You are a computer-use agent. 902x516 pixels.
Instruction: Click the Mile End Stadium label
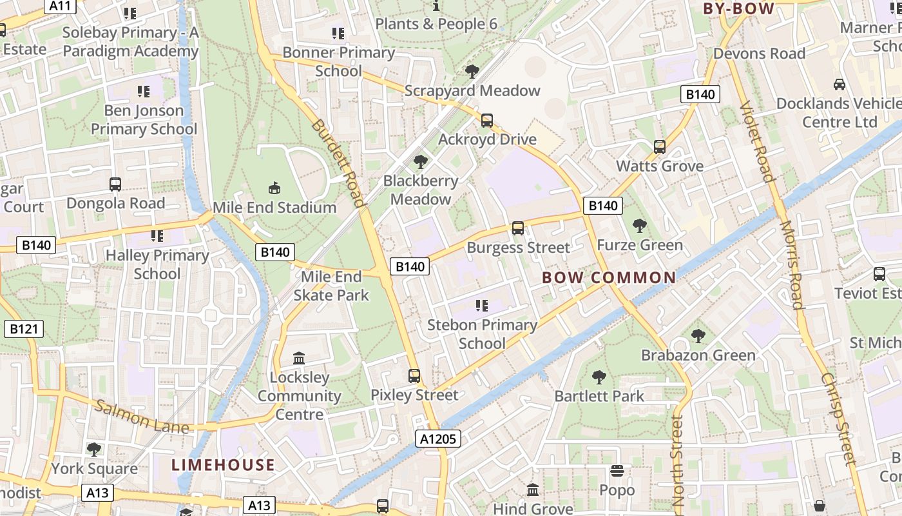click(x=274, y=208)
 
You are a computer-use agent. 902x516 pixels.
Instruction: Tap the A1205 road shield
click(x=437, y=439)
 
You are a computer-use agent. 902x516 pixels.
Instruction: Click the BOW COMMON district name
click(x=609, y=278)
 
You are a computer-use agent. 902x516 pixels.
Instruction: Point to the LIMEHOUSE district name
click(x=224, y=465)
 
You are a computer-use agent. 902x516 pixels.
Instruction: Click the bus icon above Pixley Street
click(x=414, y=375)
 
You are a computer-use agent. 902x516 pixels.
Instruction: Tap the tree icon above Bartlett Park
click(x=599, y=377)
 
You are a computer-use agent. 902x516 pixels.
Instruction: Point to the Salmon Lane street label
click(x=142, y=417)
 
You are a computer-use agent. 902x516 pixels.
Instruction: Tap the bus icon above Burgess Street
click(x=518, y=228)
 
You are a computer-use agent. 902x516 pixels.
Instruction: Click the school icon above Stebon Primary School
click(x=481, y=305)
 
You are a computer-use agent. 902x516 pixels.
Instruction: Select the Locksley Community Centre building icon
click(x=299, y=358)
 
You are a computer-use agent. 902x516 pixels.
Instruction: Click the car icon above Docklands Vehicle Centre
click(x=840, y=84)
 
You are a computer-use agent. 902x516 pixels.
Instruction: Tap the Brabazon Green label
click(x=698, y=355)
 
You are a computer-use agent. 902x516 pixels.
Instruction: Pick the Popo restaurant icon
click(x=617, y=471)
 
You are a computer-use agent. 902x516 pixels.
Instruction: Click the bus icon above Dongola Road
click(x=115, y=184)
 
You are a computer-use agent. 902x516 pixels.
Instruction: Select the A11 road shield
click(x=61, y=6)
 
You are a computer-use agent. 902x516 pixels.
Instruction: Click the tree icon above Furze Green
click(x=640, y=226)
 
